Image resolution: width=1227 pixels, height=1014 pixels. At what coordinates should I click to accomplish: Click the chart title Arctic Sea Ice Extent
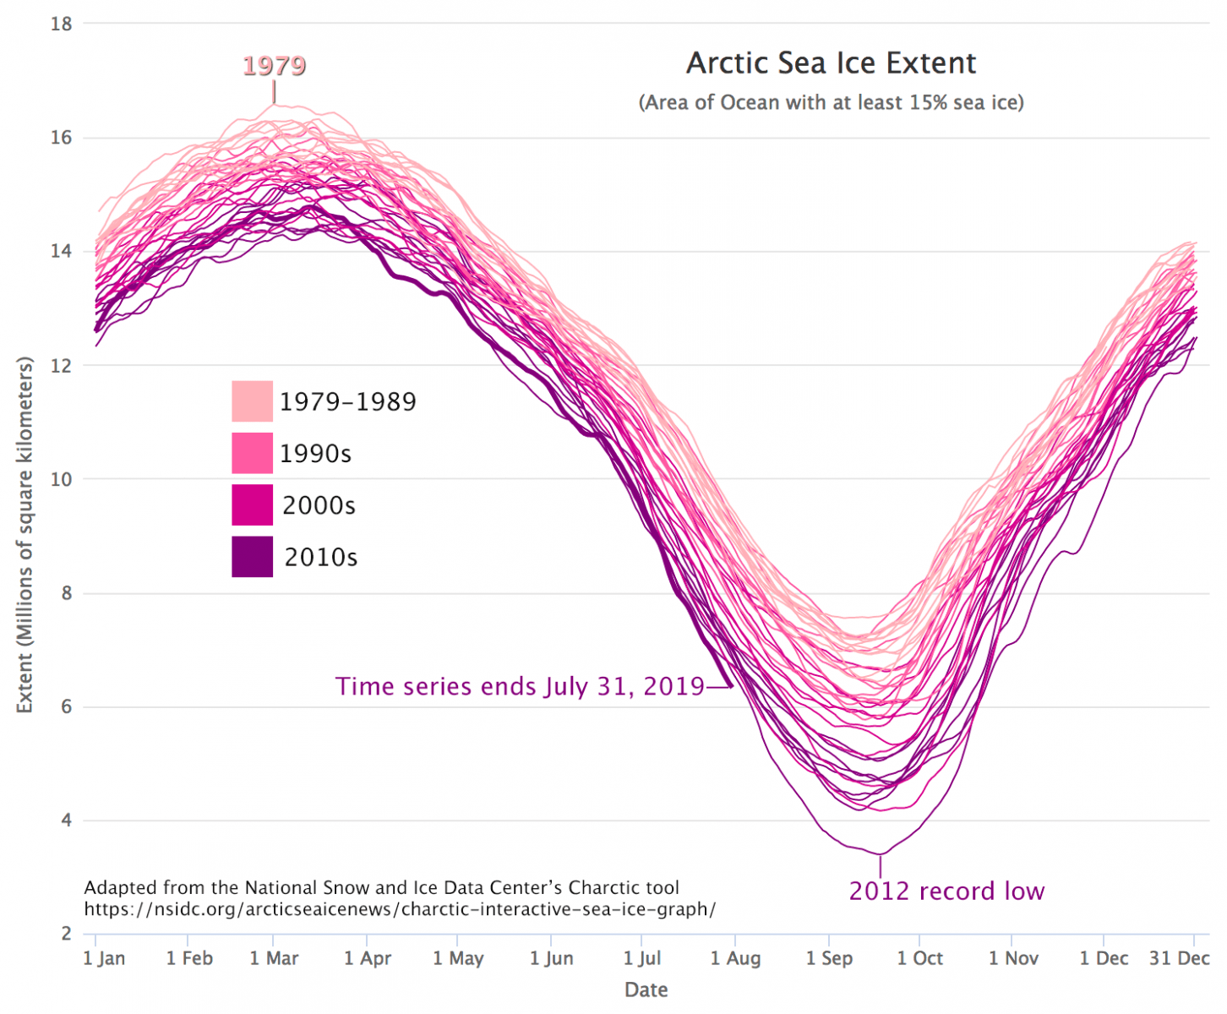coord(831,63)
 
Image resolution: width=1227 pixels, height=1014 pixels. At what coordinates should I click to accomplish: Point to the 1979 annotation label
coord(274,66)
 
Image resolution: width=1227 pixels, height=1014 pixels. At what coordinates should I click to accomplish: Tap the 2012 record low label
coord(946,891)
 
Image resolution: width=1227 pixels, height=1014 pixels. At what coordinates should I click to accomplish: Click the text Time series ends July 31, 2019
coord(520,686)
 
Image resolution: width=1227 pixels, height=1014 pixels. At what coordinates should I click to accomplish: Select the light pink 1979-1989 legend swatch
coord(252,401)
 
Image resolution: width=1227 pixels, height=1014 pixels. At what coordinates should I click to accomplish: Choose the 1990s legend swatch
coord(252,453)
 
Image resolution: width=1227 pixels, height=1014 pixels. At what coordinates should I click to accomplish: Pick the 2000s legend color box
coord(252,505)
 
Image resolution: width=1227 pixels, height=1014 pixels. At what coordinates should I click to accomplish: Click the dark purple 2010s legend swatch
coord(252,557)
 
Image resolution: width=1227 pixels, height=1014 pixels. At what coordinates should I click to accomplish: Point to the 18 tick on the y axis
coord(61,25)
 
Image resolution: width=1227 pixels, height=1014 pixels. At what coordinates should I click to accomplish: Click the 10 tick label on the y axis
coord(61,479)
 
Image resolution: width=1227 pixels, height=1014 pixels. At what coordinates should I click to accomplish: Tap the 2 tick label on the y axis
coord(66,934)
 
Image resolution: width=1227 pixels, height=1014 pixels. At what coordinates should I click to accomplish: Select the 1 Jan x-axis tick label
coord(104,958)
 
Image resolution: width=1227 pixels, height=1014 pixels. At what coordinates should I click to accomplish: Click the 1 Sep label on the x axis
coord(829,958)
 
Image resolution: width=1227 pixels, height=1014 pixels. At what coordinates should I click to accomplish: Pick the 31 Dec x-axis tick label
coord(1179,958)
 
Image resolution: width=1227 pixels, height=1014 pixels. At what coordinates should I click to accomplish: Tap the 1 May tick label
coord(458,958)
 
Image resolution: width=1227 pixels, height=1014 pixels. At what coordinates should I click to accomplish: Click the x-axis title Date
coord(646,989)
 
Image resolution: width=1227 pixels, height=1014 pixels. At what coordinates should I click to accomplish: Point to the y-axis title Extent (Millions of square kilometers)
coord(25,535)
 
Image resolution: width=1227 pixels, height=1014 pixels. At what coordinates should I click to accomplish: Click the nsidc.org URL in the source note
coord(400,910)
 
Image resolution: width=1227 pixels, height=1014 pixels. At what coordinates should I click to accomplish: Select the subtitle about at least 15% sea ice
coord(831,103)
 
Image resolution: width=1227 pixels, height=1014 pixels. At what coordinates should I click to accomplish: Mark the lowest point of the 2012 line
coord(880,853)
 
